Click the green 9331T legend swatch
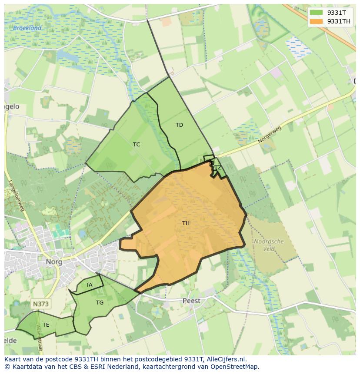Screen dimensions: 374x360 pyautogui.click(x=317, y=13)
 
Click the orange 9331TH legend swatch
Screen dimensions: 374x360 pyautogui.click(x=317, y=21)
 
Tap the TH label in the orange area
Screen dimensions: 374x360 pyautogui.click(x=186, y=223)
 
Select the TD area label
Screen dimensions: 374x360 pyautogui.click(x=179, y=125)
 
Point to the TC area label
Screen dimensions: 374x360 pyautogui.click(x=137, y=145)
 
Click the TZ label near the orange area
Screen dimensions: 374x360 pyautogui.click(x=218, y=168)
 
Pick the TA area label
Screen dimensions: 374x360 pyautogui.click(x=89, y=285)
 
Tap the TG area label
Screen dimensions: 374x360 pyautogui.click(x=100, y=303)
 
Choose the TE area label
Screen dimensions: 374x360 pyautogui.click(x=46, y=324)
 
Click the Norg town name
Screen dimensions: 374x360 pyautogui.click(x=54, y=262)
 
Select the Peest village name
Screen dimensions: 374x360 pyautogui.click(x=191, y=301)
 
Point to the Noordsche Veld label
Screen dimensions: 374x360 pyautogui.click(x=269, y=245)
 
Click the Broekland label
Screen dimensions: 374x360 pyautogui.click(x=27, y=28)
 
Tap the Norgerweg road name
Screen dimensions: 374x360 pyautogui.click(x=270, y=135)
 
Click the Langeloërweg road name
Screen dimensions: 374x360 pyautogui.click(x=16, y=197)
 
